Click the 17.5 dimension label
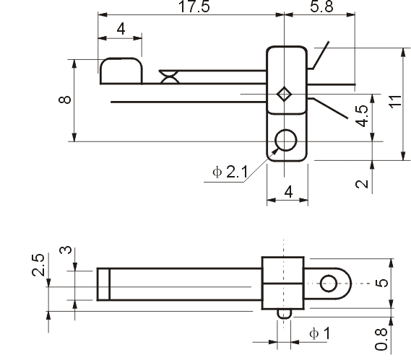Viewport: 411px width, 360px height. (x=194, y=6)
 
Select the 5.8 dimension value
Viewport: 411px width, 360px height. (x=321, y=6)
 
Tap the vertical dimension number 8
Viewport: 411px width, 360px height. (x=65, y=100)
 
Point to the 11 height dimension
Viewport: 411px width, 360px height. (x=396, y=101)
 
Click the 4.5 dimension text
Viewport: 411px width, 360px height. (x=363, y=115)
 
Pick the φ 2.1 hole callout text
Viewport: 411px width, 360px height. (x=230, y=172)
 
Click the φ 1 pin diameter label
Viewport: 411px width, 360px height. (x=320, y=333)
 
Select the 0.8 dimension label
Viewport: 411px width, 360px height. (x=381, y=339)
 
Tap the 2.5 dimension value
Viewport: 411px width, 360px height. (x=38, y=265)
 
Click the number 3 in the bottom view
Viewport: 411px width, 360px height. (x=65, y=250)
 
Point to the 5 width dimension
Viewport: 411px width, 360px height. (x=381, y=283)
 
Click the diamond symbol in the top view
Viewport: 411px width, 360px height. (x=285, y=94)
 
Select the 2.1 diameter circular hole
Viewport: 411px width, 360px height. (x=286, y=140)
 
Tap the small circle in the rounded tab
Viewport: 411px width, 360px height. (x=329, y=284)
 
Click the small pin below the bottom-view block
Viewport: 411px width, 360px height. (x=284, y=314)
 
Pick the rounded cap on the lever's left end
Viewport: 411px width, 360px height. (x=121, y=71)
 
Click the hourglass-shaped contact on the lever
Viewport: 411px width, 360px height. (x=169, y=76)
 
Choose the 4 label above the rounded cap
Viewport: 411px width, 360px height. (x=121, y=29)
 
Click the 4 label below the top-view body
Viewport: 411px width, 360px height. (x=288, y=192)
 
